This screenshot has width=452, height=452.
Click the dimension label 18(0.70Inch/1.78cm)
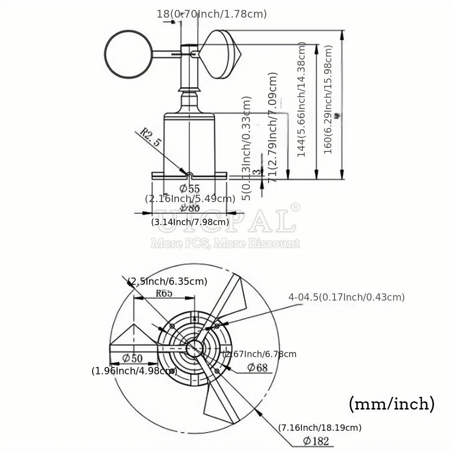(212, 14)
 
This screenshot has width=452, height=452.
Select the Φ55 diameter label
(189, 188)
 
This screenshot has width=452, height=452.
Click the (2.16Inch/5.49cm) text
(190, 198)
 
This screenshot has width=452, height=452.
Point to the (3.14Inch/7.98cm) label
(190, 222)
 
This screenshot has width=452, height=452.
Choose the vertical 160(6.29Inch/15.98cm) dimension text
(329, 99)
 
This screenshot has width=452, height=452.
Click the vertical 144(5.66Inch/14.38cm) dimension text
(302, 99)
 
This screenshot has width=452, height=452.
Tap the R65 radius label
(164, 293)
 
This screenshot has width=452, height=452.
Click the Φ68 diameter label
(257, 367)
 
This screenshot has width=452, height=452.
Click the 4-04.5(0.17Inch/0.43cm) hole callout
(347, 297)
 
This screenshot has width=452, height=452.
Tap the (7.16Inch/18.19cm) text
(320, 427)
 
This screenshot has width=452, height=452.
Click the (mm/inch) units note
(391, 403)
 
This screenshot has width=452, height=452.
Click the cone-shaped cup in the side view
(222, 54)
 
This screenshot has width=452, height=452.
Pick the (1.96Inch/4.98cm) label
(134, 371)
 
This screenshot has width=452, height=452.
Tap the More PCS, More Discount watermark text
(225, 244)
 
